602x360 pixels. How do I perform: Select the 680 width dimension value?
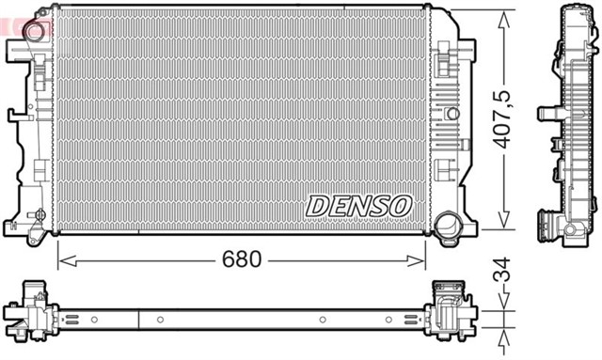pos(242,258)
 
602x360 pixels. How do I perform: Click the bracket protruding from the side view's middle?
pos(545,115)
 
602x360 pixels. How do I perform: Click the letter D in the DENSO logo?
pos(316,204)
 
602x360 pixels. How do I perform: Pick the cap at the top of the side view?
pos(574,10)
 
